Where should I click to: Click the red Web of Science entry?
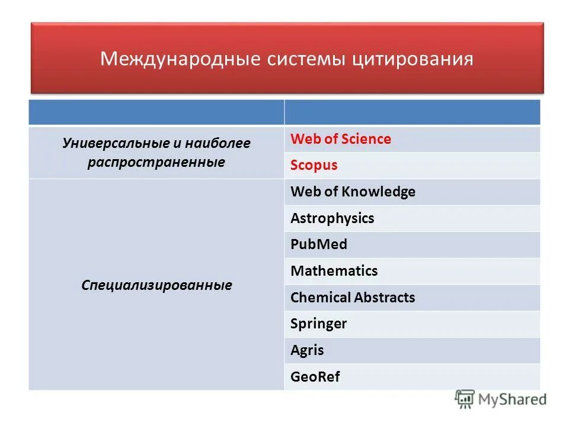341,140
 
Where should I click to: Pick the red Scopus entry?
314,166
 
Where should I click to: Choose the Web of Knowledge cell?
353,192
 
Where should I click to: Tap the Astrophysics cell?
332,218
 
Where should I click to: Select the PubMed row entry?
319,245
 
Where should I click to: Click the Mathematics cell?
334,272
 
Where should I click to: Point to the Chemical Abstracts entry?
353,298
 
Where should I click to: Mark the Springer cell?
318,324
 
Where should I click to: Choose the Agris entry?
307,350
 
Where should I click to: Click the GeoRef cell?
315,377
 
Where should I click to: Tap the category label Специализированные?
156,285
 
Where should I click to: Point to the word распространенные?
156,162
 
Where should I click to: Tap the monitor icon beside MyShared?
465,399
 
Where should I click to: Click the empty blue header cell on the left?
156,112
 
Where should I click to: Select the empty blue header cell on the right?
413,112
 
